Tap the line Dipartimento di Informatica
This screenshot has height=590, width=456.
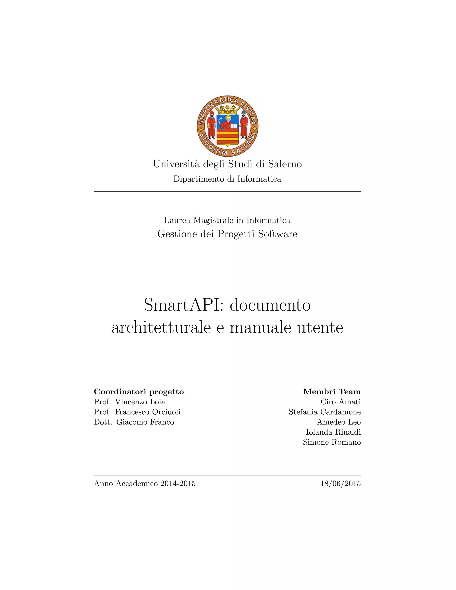tap(227, 179)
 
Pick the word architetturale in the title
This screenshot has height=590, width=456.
tap(161, 328)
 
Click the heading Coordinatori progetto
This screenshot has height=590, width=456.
tap(138, 391)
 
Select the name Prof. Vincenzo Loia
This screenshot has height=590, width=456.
tap(129, 402)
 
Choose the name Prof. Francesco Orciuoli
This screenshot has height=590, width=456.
tap(137, 412)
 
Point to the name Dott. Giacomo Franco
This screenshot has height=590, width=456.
tap(134, 422)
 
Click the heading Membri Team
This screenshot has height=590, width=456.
tap(332, 391)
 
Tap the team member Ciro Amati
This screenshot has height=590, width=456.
tap(340, 402)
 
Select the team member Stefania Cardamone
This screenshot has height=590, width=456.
tap(324, 412)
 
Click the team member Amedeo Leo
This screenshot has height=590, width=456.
tap(339, 422)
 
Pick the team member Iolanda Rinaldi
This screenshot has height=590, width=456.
tap(333, 432)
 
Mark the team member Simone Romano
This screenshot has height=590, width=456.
tap(332, 442)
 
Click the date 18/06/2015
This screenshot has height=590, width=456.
tap(340, 484)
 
